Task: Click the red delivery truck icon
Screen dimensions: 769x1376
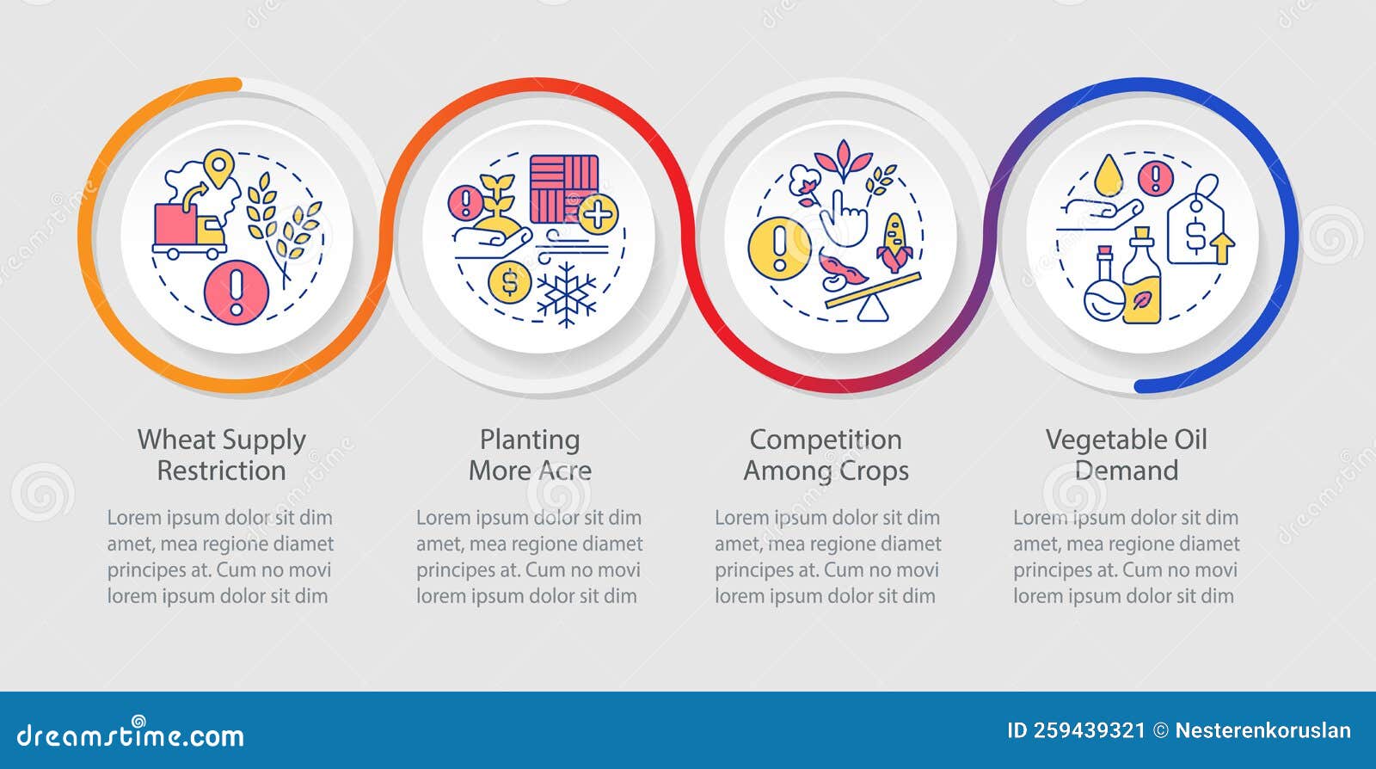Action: click(188, 230)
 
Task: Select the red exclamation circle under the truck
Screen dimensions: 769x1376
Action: click(236, 292)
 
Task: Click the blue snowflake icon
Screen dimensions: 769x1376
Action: click(566, 294)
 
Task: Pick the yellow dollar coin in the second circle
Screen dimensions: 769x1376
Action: click(509, 281)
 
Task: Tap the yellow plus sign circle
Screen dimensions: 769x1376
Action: click(599, 213)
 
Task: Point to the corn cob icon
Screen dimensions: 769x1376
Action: click(894, 242)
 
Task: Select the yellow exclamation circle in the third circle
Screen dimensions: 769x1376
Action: click(779, 247)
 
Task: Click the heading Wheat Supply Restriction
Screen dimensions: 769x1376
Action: click(222, 455)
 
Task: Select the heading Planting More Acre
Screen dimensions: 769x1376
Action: click(530, 455)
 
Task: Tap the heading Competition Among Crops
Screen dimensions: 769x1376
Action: click(826, 455)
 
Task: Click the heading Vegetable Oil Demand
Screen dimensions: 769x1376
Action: click(1127, 455)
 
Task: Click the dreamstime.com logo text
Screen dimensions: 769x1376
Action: click(131, 735)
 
